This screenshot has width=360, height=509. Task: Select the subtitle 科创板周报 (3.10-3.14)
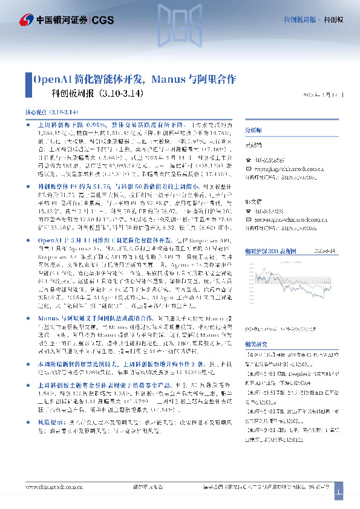pos(97,94)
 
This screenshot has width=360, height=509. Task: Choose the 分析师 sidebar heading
pos(253,130)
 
